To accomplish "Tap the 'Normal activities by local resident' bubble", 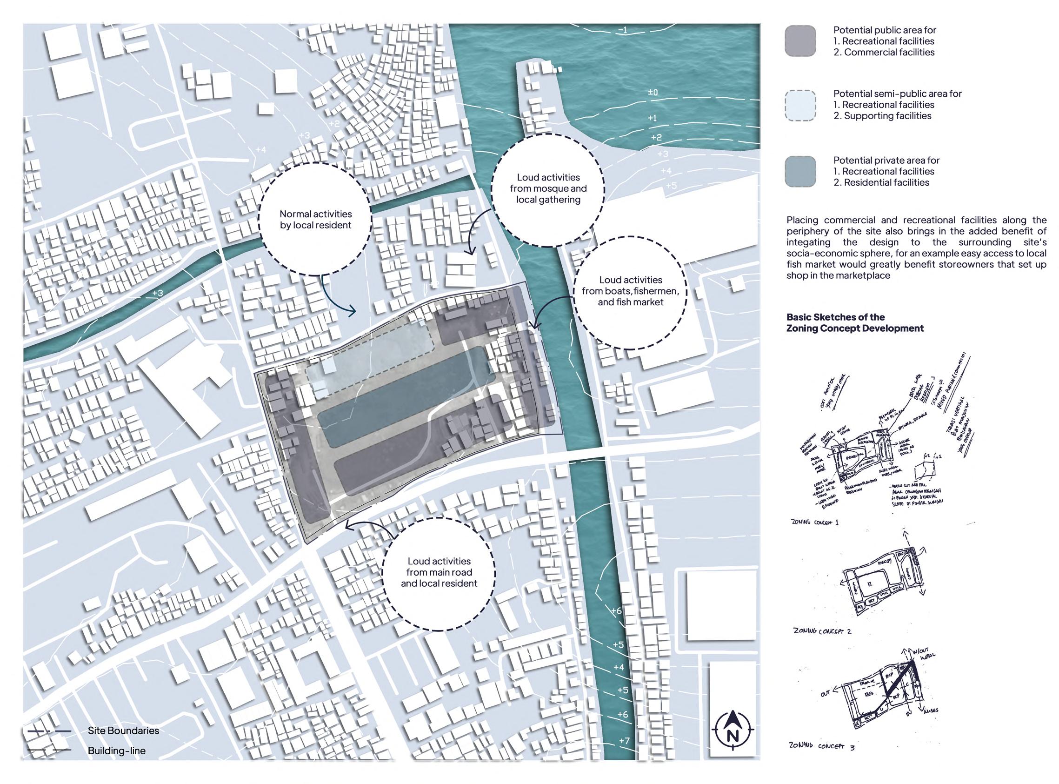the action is [315, 220].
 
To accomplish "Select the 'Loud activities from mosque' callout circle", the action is [548, 188].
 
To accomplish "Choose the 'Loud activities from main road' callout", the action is [439, 572].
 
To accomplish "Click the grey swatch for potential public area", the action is [800, 41].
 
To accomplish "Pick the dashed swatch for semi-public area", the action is [800, 105].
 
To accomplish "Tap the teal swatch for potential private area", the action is [800, 172].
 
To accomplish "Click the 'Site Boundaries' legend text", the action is [123, 730].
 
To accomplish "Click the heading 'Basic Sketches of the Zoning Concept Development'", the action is [855, 323].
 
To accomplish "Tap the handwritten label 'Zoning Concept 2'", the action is [822, 631].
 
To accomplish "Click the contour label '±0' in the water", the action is [653, 92].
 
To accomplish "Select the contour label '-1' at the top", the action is [623, 31].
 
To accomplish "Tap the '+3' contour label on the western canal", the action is [158, 293].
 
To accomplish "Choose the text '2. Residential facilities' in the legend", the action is [881, 183].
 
